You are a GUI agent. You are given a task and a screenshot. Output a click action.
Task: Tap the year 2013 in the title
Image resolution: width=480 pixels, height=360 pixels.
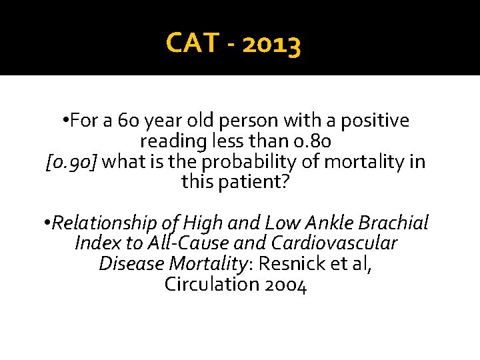(272, 44)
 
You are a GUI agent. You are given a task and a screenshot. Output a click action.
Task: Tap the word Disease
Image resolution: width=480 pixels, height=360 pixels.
(131, 264)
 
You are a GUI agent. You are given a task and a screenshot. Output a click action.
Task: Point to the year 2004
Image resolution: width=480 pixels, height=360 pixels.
(285, 285)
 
